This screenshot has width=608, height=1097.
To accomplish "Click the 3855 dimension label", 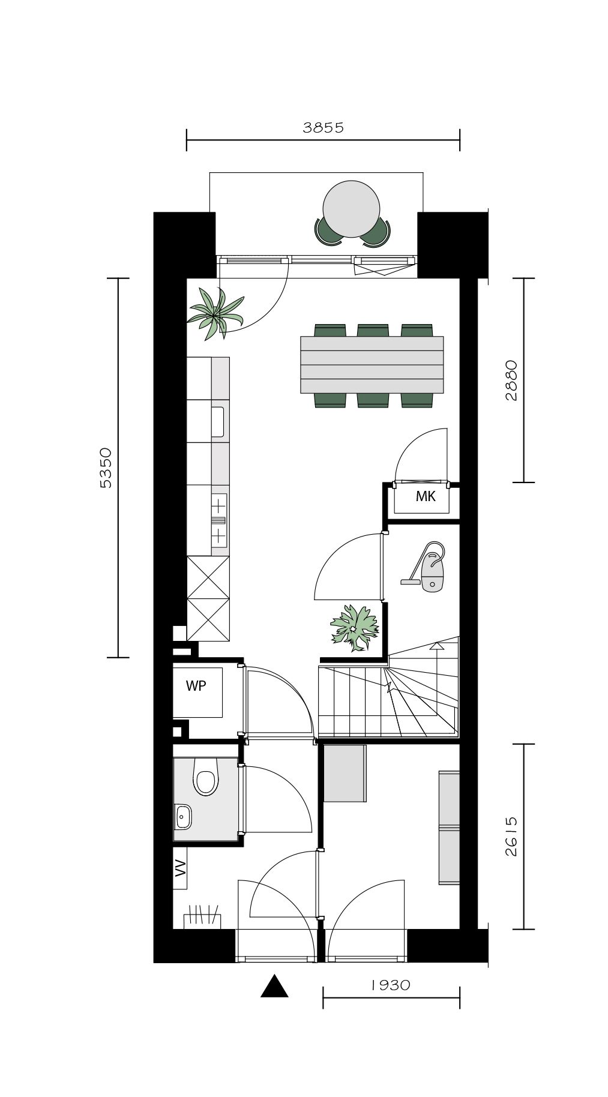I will [x=323, y=127].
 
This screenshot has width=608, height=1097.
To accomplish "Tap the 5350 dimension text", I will [x=106, y=467].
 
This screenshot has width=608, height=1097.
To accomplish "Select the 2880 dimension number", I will [x=511, y=380].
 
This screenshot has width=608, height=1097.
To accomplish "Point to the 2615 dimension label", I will [x=511, y=837].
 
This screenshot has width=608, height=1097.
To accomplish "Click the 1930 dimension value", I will [x=390, y=985].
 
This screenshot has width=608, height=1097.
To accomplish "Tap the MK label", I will [x=425, y=497].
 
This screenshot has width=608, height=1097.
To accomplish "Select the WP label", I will [x=196, y=686].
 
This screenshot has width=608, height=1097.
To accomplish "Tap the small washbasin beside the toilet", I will [x=182, y=815].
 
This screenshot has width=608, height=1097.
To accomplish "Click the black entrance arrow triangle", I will [x=274, y=986].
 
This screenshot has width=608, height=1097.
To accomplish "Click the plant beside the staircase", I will [x=355, y=627].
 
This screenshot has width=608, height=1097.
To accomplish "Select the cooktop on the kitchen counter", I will [x=219, y=518].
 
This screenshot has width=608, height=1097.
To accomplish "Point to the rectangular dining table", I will [x=372, y=365].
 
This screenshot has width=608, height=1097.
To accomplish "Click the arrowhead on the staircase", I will [x=436, y=646].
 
